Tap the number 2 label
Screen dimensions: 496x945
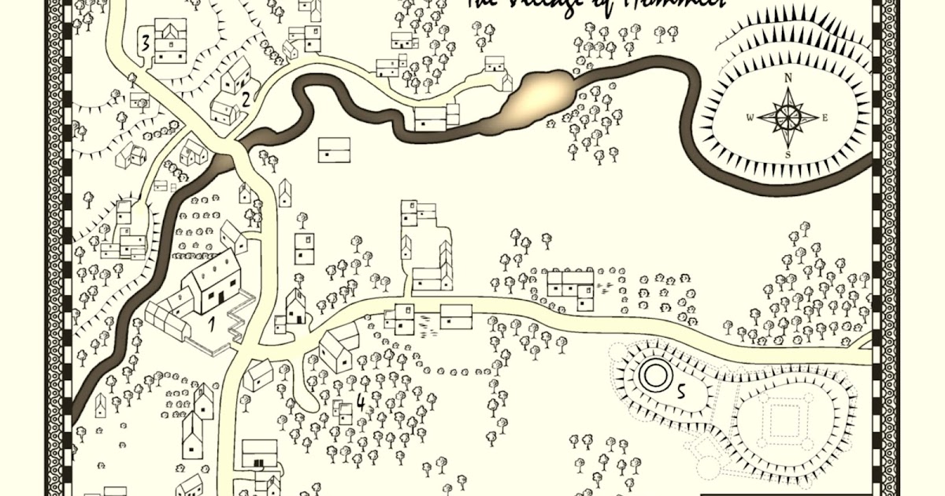[246, 99]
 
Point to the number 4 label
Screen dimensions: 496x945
[360, 402]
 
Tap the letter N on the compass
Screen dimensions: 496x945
[787, 77]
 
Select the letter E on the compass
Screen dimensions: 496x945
[825, 118]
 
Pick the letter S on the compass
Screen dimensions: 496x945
[787, 155]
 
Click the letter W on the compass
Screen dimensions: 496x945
[750, 118]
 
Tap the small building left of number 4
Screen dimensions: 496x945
[343, 411]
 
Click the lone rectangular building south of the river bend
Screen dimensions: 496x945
[334, 150]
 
